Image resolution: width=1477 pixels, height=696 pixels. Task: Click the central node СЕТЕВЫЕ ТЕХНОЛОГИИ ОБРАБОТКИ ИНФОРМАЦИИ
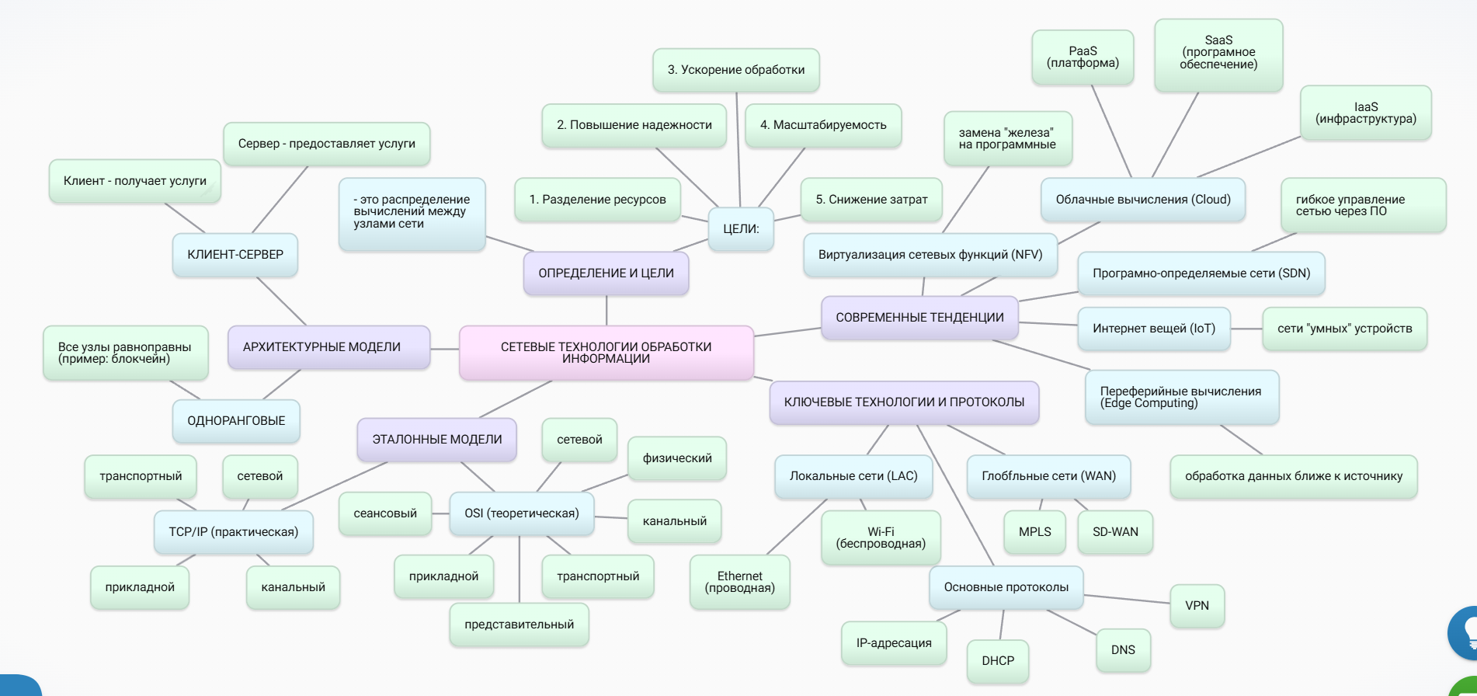[606, 353]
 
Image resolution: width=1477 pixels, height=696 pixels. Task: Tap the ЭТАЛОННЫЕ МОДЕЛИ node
[436, 440]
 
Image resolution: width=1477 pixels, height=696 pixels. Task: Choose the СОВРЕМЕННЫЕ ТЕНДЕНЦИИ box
[919, 318]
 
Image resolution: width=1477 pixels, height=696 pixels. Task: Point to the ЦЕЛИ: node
[741, 229]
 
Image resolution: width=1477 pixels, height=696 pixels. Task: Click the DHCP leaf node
[998, 661]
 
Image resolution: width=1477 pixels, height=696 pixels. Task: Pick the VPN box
[1197, 606]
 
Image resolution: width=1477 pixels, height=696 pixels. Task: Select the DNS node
[1123, 650]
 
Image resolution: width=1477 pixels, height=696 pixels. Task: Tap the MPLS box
[1034, 532]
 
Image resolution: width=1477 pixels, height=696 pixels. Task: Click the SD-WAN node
[1115, 532]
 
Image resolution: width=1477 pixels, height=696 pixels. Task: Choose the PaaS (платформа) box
[1083, 57]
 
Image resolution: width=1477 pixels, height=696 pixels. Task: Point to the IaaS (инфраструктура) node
[1365, 113]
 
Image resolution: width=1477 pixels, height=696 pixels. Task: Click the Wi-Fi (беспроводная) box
[881, 538]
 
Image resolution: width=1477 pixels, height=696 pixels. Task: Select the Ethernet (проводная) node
[739, 582]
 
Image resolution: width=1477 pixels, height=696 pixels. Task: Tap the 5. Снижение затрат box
[871, 200]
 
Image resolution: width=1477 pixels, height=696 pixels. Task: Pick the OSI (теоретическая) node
[521, 513]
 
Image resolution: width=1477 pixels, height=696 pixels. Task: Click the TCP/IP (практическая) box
[233, 532]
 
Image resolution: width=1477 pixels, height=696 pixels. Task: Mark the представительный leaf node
[519, 625]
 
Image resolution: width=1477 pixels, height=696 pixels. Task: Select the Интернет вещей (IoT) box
[1153, 329]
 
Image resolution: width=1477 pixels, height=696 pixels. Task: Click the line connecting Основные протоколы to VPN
[1127, 599]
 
